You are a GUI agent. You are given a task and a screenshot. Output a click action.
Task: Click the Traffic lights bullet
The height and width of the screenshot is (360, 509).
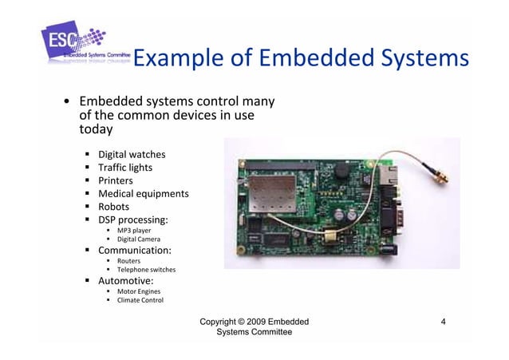click(x=124, y=167)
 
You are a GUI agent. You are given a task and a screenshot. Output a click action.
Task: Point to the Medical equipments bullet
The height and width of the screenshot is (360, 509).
click(x=143, y=194)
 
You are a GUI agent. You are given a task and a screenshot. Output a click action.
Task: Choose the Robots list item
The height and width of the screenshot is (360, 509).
click(x=113, y=207)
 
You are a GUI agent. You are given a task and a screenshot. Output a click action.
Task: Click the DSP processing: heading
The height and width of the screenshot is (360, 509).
click(x=133, y=220)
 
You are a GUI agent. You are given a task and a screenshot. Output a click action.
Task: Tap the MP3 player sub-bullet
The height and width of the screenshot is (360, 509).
click(x=134, y=231)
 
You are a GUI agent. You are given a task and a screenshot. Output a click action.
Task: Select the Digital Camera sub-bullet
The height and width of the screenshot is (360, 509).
click(x=138, y=239)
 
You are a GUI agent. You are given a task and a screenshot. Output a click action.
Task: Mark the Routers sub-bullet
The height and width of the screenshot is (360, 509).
click(x=129, y=261)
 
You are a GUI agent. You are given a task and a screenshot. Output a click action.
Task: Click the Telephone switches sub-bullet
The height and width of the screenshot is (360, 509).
click(x=146, y=270)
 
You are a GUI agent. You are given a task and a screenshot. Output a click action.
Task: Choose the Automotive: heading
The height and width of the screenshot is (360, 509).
click(x=125, y=281)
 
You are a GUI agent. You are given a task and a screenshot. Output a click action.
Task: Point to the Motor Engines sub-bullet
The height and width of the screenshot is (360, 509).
click(x=138, y=291)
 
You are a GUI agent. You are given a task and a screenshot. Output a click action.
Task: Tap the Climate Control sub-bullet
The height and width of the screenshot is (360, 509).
click(x=140, y=301)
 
